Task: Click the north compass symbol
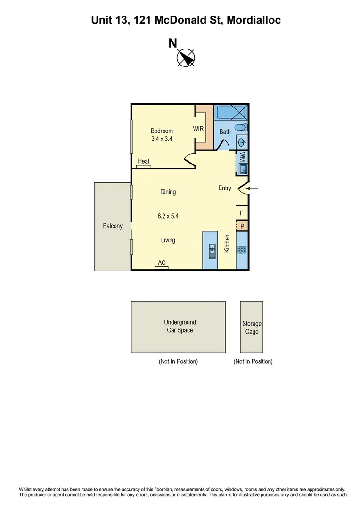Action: (x=186, y=58)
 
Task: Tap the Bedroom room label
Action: (x=162, y=131)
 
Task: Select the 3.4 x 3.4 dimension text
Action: (x=162, y=139)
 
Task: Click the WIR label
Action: (x=198, y=128)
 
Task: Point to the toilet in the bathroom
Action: (x=241, y=127)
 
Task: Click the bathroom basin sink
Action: (x=241, y=141)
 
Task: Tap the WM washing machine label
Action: (x=242, y=156)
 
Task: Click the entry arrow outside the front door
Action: (x=253, y=189)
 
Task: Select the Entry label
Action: (x=225, y=188)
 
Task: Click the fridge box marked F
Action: (x=242, y=213)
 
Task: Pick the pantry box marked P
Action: (x=242, y=226)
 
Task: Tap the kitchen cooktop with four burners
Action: (x=242, y=250)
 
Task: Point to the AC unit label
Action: (x=162, y=263)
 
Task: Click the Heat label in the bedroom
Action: (x=144, y=161)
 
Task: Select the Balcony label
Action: (x=113, y=226)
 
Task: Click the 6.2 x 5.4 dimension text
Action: (x=168, y=216)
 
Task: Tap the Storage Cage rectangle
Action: (x=252, y=327)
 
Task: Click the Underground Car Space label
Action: (x=180, y=326)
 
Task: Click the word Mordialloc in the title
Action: (x=254, y=20)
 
